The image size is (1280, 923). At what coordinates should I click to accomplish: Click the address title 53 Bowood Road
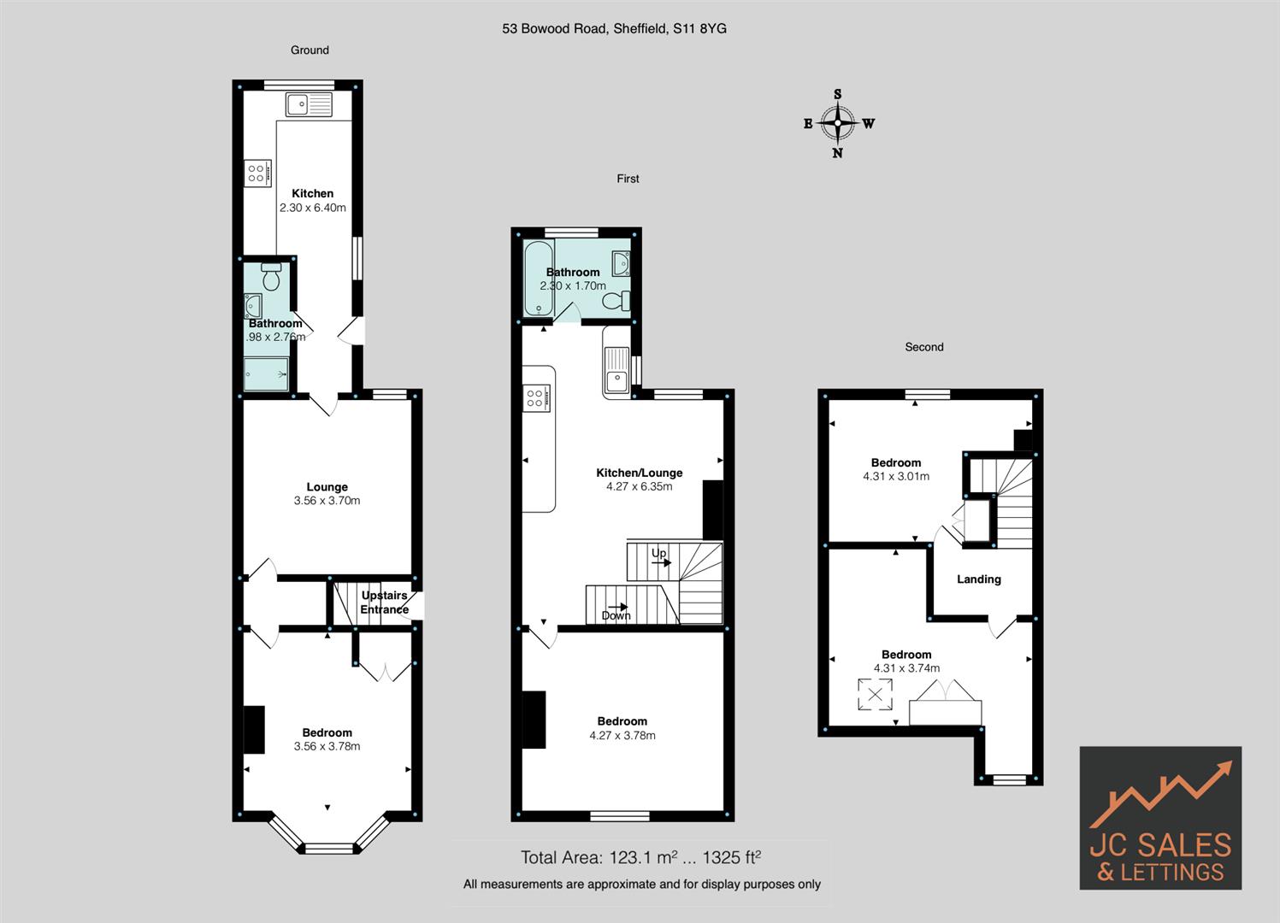tap(614, 28)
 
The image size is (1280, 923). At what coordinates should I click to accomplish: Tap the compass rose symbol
tap(838, 123)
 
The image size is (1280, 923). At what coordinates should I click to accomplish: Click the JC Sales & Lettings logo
tap(1159, 818)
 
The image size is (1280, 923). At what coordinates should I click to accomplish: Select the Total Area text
tap(640, 857)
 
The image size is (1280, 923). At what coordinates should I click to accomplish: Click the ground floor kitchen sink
tap(309, 105)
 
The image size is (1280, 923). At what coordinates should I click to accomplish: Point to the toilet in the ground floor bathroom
tap(271, 277)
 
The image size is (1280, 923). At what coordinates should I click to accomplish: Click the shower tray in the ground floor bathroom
tap(266, 373)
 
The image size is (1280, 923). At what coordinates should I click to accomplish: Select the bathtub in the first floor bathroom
tap(539, 278)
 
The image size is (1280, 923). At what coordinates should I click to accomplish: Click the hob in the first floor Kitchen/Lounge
tap(537, 397)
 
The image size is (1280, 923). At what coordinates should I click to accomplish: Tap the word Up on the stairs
tap(658, 554)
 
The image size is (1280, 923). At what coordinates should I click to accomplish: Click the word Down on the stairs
tap(616, 615)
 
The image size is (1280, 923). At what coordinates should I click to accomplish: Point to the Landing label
tap(978, 579)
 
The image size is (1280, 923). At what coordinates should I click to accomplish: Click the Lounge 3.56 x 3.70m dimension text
tap(327, 501)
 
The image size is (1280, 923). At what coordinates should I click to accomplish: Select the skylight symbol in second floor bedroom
tap(875, 694)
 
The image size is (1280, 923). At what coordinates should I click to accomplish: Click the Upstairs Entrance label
tap(384, 603)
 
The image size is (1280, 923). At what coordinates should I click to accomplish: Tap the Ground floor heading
tap(310, 50)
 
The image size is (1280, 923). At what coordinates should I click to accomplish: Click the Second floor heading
tap(923, 347)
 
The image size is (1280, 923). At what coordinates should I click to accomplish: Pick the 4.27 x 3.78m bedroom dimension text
tap(622, 735)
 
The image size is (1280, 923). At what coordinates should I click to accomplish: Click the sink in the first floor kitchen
tap(616, 367)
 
